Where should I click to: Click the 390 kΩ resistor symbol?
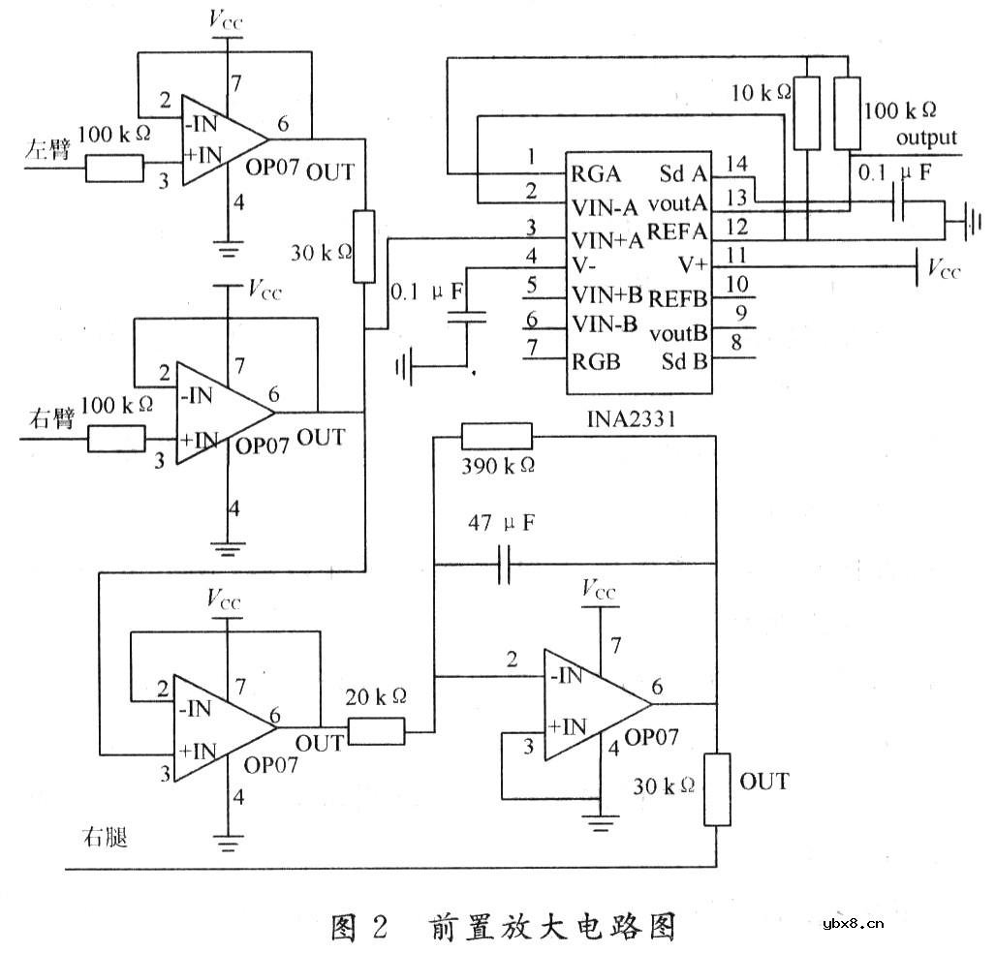pos(496,435)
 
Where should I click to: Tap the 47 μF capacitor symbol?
pos(504,564)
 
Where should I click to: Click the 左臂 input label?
pos(45,151)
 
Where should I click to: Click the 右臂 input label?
pos(45,421)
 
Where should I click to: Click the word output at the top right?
pos(926,138)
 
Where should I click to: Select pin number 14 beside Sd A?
pos(736,162)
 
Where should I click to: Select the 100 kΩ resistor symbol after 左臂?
pos(113,169)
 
